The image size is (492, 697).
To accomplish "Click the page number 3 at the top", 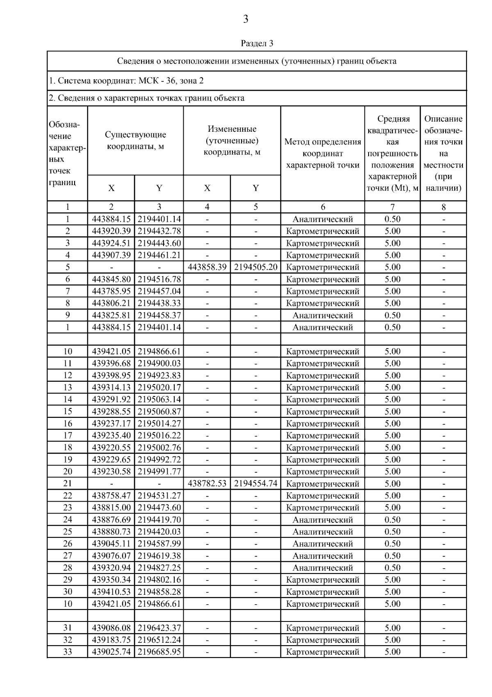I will click(x=246, y=19).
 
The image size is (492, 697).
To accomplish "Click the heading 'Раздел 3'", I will click(x=257, y=43).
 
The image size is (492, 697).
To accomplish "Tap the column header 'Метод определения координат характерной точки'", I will click(x=323, y=154).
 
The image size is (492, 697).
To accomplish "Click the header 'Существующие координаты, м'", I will click(x=135, y=140).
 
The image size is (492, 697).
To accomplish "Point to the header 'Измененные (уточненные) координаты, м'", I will click(x=232, y=140).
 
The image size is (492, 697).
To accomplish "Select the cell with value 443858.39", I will click(x=207, y=267).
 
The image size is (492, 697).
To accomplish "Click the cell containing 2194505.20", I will click(x=255, y=267).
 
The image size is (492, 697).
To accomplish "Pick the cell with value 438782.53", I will click(x=207, y=484).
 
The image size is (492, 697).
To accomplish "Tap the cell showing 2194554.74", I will click(x=255, y=484).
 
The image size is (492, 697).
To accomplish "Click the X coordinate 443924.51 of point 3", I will click(x=111, y=243).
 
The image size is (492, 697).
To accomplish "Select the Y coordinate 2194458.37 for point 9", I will click(x=159, y=315).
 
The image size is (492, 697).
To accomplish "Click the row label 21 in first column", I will click(x=68, y=484).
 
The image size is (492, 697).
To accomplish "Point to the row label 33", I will click(x=68, y=652).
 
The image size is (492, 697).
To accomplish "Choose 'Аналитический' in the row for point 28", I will click(x=323, y=568).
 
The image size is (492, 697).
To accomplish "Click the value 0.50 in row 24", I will click(x=392, y=520).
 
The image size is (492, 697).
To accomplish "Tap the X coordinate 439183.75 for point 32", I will click(x=111, y=640).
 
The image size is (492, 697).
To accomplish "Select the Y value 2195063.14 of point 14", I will click(x=159, y=399).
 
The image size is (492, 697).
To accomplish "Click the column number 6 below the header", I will click(x=323, y=207).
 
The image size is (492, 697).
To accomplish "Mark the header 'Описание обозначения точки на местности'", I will click(x=443, y=154).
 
